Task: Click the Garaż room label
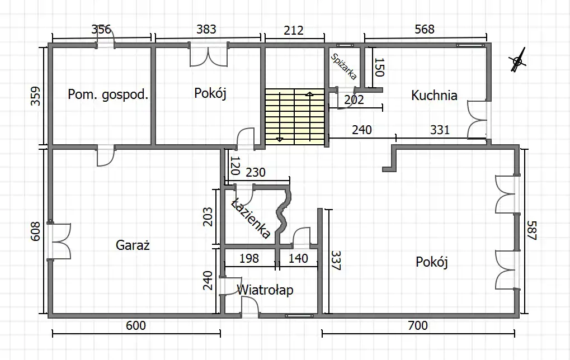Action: (133, 245)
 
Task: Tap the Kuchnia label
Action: (434, 95)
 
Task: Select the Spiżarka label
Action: (343, 67)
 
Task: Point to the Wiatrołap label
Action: (265, 290)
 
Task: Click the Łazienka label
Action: (251, 218)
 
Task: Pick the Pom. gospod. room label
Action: (109, 94)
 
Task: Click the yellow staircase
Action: (294, 117)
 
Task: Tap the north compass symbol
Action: (517, 61)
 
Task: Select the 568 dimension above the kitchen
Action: (424, 29)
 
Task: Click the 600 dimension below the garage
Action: (136, 325)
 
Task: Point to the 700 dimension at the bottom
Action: (418, 325)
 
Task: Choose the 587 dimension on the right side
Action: (531, 230)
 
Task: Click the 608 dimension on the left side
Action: (35, 231)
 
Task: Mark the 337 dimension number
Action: (335, 260)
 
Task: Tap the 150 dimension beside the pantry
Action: (379, 67)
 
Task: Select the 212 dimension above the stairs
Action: (293, 30)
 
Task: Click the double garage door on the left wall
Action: (59, 241)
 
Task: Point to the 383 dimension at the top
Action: (206, 29)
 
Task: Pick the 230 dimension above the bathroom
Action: (256, 172)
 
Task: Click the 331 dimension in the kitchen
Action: (440, 130)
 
